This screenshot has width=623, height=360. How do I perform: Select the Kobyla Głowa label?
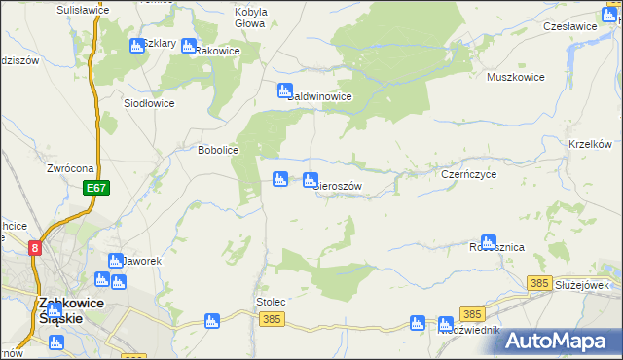(x=250, y=18)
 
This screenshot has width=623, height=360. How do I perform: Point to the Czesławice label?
(x=569, y=26)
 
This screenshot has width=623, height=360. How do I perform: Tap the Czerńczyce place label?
(x=469, y=174)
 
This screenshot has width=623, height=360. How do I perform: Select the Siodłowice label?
(x=149, y=102)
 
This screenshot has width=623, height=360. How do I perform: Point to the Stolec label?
(x=271, y=302)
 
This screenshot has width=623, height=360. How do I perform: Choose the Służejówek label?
(x=581, y=285)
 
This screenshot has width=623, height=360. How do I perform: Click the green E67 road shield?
(x=94, y=188)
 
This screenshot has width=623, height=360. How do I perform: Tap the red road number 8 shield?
(x=36, y=248)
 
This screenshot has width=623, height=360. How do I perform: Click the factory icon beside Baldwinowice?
(x=284, y=91)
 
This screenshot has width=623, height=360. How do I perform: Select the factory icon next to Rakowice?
(x=188, y=46)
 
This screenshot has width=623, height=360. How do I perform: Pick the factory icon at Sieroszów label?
(x=311, y=179)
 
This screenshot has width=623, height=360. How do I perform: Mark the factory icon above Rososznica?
(x=489, y=241)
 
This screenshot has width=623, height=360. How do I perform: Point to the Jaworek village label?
(x=142, y=262)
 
